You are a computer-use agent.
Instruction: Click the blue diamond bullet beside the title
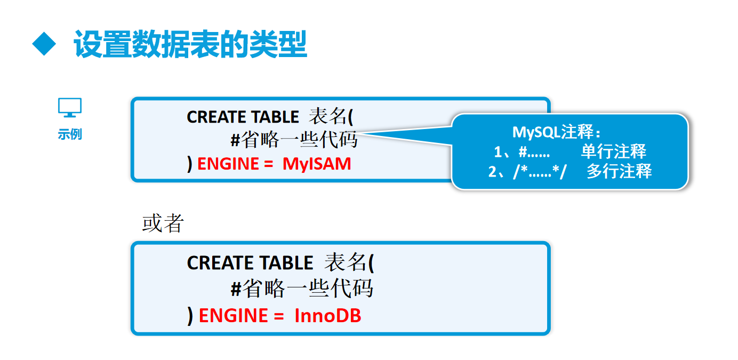coord(44,44)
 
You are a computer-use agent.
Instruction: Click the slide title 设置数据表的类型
coord(190,44)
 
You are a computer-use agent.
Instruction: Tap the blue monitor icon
coord(70,108)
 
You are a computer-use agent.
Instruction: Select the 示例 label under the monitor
coord(70,134)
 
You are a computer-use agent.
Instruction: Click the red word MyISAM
coord(317,164)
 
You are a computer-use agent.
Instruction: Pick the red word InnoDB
coord(328,316)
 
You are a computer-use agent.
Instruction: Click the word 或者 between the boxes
coord(163,223)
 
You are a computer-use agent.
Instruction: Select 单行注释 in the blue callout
coord(613,151)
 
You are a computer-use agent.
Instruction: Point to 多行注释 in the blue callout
coord(619,171)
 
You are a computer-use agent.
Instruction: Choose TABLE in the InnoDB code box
coord(286,263)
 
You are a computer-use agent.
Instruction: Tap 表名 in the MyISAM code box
coord(328,117)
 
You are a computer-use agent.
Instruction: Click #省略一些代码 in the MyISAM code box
coord(294,140)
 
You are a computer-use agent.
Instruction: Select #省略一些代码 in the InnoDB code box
coord(302,289)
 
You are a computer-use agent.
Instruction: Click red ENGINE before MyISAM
coord(228,164)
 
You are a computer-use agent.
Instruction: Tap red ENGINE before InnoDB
coord(229,316)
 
